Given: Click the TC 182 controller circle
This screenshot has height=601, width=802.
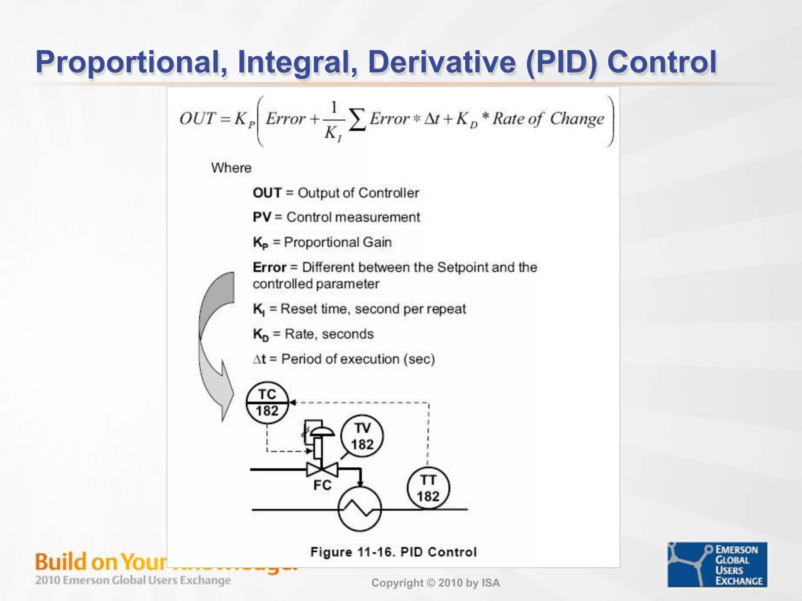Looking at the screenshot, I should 267,403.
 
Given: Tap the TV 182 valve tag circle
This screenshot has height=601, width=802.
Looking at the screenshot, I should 362,436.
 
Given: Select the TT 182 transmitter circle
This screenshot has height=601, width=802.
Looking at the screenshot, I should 428,488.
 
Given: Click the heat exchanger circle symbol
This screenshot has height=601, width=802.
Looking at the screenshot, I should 359,509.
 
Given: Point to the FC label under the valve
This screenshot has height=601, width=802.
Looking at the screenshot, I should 322,485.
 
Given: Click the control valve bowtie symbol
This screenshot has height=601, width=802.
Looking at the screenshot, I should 322,469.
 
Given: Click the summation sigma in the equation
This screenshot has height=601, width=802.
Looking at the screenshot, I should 357,120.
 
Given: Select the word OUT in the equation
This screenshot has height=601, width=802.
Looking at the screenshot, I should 197,119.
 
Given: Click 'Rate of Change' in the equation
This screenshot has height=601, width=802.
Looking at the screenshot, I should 548,119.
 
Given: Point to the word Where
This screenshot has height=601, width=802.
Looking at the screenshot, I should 231,168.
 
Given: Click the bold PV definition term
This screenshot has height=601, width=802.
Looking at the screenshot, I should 262,217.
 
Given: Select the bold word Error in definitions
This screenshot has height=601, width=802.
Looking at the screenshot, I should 269,267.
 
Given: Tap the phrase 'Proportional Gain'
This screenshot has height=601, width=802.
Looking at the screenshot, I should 338,242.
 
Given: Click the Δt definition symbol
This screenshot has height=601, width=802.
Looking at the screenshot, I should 259,359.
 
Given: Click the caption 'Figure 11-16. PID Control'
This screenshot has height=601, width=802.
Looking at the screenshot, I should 393,552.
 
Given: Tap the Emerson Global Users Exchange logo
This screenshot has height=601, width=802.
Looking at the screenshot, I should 717,564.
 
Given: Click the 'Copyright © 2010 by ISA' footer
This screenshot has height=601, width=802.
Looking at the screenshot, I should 435,583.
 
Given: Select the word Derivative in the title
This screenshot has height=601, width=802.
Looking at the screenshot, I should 442,62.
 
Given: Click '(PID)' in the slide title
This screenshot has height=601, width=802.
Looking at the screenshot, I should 562,62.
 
